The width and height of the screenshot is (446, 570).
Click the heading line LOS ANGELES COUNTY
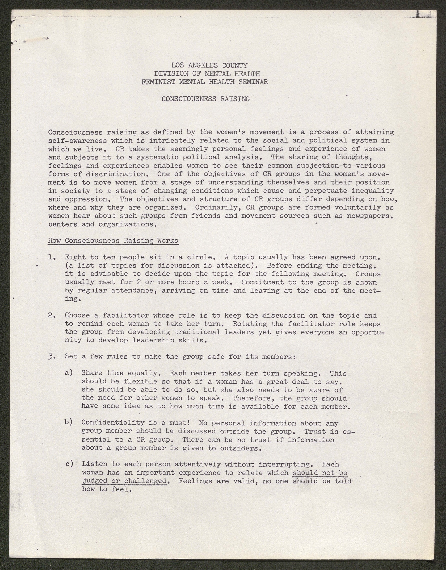click(x=209, y=65)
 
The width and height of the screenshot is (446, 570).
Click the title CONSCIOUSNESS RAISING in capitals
click(x=206, y=99)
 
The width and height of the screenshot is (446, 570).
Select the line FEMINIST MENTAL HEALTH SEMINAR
click(x=205, y=82)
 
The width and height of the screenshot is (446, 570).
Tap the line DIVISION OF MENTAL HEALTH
click(x=207, y=74)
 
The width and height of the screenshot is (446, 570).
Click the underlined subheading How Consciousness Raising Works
click(x=113, y=241)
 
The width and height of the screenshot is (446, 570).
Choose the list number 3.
click(x=51, y=356)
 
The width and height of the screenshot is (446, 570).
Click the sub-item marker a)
click(x=69, y=373)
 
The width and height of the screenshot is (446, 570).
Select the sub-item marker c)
click(x=69, y=464)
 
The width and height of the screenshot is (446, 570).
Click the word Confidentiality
click(x=113, y=423)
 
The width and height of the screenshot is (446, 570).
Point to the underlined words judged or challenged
click(x=124, y=481)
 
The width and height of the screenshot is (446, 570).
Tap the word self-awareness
click(x=78, y=141)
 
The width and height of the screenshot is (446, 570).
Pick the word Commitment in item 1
click(x=263, y=282)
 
